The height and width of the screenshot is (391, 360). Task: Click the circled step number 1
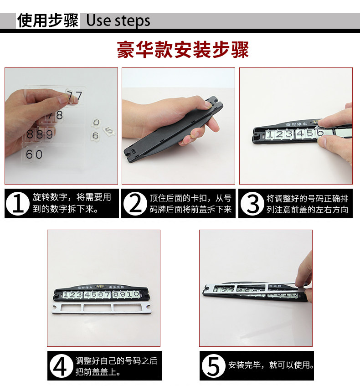click(18, 204)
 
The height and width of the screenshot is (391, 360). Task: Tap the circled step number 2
click(135, 204)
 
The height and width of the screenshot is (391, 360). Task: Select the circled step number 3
click(252, 204)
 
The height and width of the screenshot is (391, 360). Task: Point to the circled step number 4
click(61, 366)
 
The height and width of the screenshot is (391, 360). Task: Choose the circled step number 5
click(213, 366)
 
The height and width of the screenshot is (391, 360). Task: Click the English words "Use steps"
click(118, 21)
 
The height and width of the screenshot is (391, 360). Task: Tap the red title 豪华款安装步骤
click(183, 50)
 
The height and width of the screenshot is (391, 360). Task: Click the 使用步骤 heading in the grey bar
click(48, 21)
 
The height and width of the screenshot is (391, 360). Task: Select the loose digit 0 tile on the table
click(96, 123)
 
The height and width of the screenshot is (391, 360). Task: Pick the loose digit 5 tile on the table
click(109, 131)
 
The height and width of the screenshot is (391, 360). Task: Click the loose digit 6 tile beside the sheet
click(95, 136)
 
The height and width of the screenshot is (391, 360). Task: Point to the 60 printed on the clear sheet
click(34, 154)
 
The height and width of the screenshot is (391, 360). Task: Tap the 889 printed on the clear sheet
click(40, 134)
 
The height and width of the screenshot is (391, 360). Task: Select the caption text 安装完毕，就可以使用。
click(271, 365)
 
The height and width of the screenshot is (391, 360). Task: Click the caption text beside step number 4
click(116, 366)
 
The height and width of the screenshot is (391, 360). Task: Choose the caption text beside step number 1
click(72, 203)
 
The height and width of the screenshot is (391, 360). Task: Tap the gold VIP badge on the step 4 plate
click(100, 287)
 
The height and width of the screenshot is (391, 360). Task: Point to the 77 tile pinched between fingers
click(74, 96)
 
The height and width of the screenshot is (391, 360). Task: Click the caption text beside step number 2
click(190, 204)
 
